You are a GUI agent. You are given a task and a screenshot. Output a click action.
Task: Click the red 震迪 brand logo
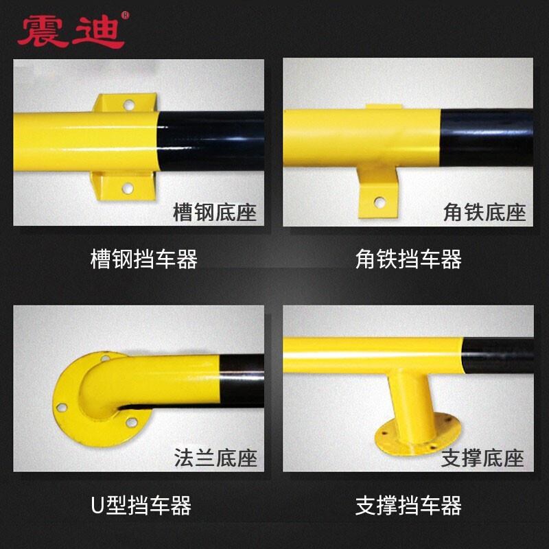tap(70, 31)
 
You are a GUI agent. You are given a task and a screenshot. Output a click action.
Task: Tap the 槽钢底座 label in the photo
tap(215, 212)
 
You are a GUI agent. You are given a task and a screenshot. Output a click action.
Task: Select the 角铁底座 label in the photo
tap(484, 212)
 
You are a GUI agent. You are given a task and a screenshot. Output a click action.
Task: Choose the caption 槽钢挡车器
tap(144, 259)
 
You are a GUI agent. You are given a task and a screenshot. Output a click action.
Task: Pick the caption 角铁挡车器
tap(409, 259)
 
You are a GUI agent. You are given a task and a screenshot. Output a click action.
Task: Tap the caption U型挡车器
tap(141, 506)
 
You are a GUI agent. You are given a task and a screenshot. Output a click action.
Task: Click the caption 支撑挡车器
tap(409, 506)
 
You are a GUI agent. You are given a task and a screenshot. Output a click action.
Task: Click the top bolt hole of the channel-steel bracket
tap(128, 105)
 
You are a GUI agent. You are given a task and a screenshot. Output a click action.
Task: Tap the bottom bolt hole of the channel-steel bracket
tap(128, 187)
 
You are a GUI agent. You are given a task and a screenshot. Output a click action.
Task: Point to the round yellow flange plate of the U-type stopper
tap(69, 401)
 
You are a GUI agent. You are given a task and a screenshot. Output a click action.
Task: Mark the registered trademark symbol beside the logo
tap(125, 15)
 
